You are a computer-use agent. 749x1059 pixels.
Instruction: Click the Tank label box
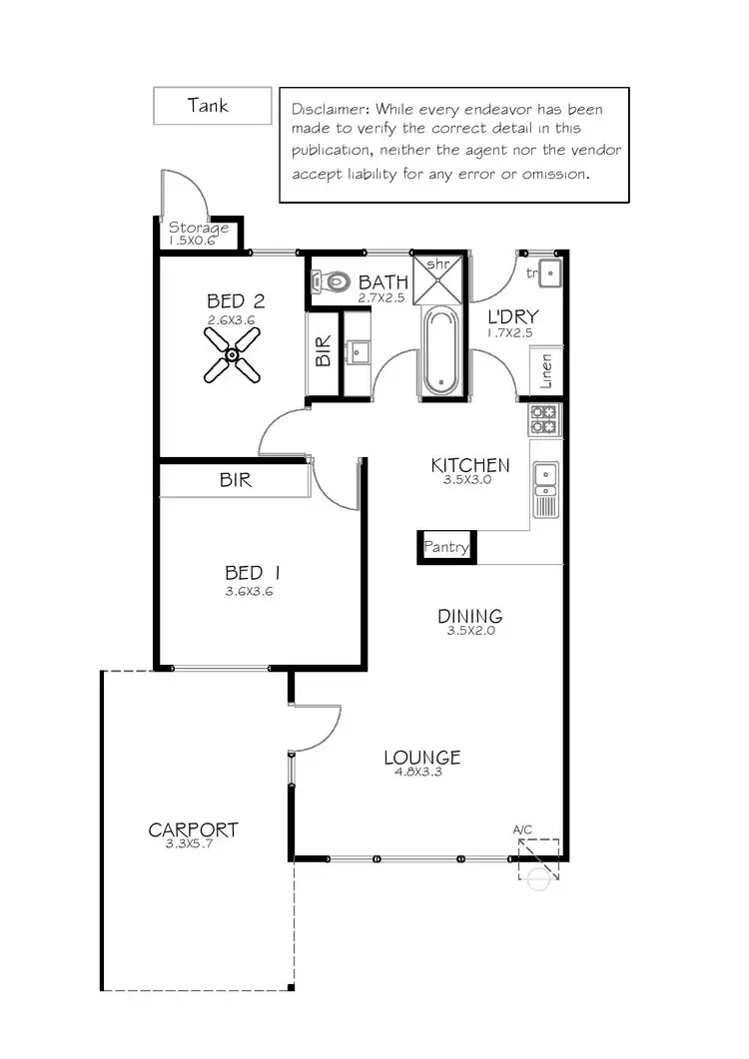pos(212,105)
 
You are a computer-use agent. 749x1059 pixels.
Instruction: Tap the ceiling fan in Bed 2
pos(231,354)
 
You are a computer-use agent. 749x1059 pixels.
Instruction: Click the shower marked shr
pos(439,278)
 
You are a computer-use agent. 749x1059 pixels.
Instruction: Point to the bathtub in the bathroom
pos(440,351)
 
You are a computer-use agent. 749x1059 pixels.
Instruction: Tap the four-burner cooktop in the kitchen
pos(543,419)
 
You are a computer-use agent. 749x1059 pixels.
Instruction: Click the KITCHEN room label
pos(470,465)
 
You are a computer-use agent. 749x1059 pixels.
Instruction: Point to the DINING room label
pos(469,616)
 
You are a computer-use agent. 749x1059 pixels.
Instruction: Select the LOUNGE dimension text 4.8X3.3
pos(421,773)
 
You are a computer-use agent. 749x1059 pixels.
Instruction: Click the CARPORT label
pos(193,829)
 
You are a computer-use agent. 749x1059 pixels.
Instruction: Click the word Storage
pos(199,228)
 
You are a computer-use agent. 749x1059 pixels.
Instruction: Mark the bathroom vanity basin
pos(358,350)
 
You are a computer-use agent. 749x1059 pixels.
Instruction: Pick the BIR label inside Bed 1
pos(236,480)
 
